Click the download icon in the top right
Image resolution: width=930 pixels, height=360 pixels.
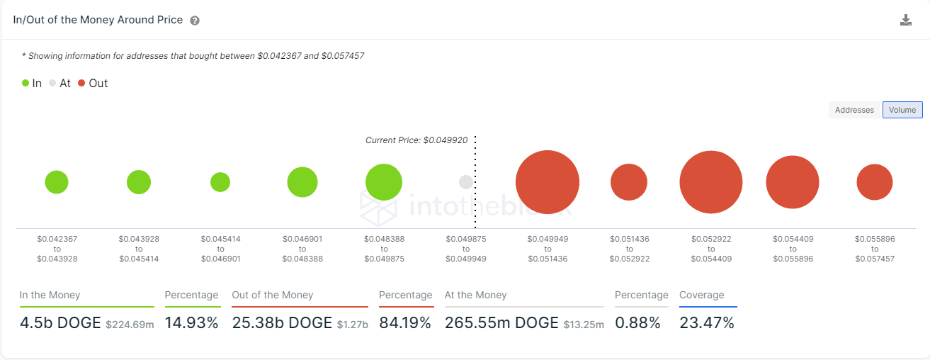pyautogui.click(x=905, y=20)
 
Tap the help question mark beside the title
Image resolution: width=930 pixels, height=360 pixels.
pyautogui.click(x=195, y=21)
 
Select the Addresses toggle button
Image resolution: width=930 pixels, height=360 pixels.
pyautogui.click(x=854, y=110)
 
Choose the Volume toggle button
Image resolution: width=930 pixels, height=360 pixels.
pyautogui.click(x=902, y=110)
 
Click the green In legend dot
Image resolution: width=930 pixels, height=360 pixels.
pyautogui.click(x=25, y=83)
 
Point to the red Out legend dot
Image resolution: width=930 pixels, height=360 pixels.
pyautogui.click(x=81, y=83)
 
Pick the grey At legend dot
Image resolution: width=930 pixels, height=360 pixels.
pyautogui.click(x=52, y=83)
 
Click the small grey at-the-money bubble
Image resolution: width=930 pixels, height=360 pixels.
pyautogui.click(x=466, y=182)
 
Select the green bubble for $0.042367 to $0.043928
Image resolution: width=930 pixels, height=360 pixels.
pyautogui.click(x=57, y=182)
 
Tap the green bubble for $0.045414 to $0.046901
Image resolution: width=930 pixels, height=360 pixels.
pyautogui.click(x=220, y=182)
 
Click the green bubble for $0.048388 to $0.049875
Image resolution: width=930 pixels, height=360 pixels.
pyautogui.click(x=384, y=182)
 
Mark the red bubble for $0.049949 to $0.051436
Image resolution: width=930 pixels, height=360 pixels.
pyautogui.click(x=548, y=182)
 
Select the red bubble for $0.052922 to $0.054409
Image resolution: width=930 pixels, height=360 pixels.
pyautogui.click(x=711, y=182)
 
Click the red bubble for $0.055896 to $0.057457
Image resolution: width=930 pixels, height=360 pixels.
pyautogui.click(x=875, y=182)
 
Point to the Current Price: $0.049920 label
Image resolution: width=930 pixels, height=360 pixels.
pyautogui.click(x=416, y=140)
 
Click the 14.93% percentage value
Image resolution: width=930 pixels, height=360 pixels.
pyautogui.click(x=191, y=323)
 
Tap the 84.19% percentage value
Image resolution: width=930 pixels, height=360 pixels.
pyautogui.click(x=405, y=323)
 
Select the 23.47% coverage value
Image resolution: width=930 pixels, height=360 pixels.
pyautogui.click(x=707, y=323)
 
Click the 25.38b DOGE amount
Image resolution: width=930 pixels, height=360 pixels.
pyautogui.click(x=282, y=323)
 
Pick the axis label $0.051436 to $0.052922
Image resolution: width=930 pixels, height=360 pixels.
pyautogui.click(x=629, y=249)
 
